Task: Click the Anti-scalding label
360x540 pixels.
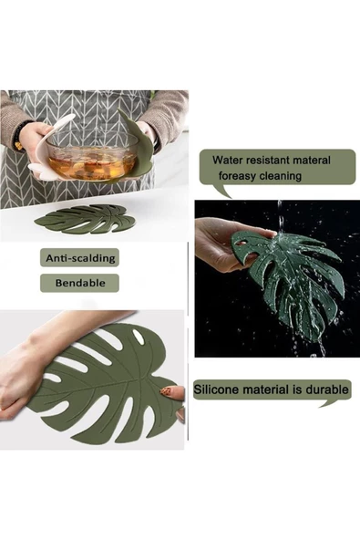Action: [x=79, y=257]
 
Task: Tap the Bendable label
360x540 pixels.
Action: [x=79, y=283]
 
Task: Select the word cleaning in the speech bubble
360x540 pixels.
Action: [x=280, y=176]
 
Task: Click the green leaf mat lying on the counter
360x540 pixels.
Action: [x=85, y=219]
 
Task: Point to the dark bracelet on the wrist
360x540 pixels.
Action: [x=19, y=135]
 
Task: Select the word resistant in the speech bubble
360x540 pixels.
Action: [x=268, y=160]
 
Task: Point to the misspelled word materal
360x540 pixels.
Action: [x=311, y=160]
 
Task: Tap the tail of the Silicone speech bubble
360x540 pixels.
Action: [x=331, y=403]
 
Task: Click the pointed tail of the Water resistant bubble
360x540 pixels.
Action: [x=222, y=192]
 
